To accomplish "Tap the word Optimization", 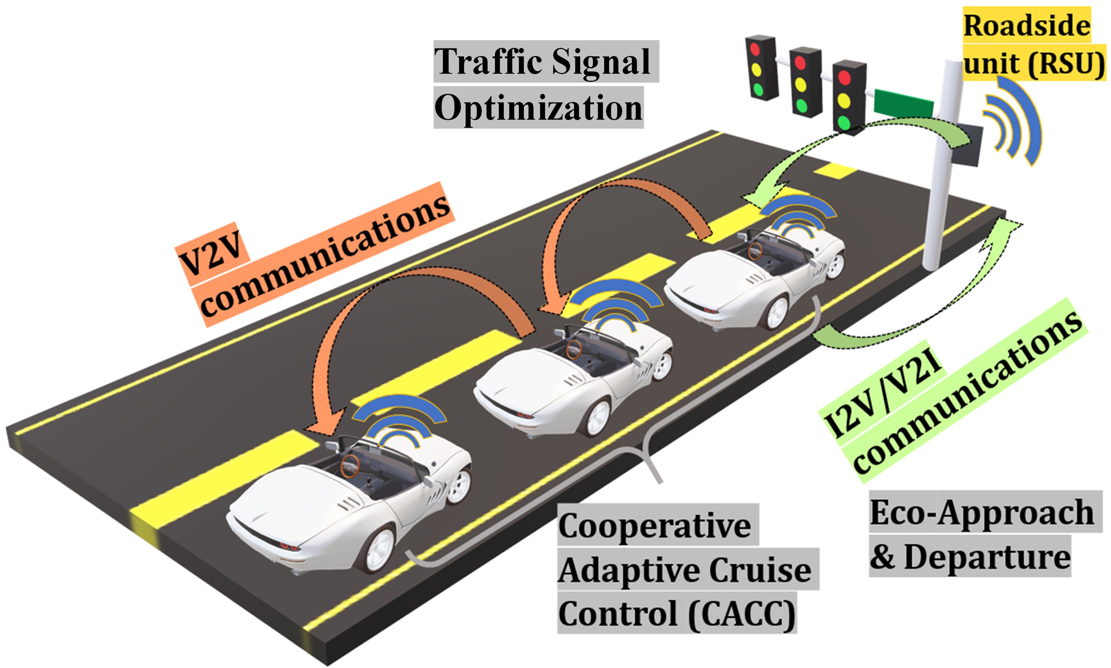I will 538,108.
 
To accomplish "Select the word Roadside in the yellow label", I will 1026,26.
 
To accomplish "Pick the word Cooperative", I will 654,526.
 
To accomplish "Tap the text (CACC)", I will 741,613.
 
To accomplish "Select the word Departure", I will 987,557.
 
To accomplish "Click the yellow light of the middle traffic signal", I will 801,84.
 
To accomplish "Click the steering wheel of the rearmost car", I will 349,466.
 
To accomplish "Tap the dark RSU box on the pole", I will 967,145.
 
